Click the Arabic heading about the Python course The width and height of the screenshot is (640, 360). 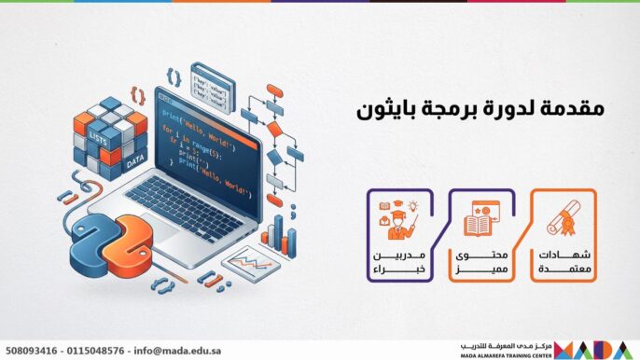coord(480,108)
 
